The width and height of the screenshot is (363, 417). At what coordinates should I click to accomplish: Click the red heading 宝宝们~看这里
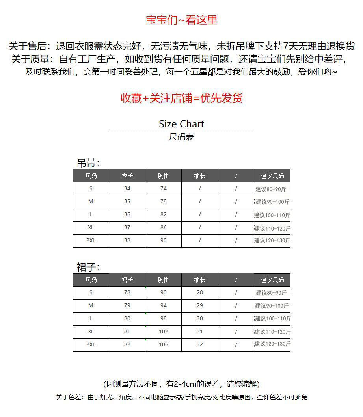(x=181, y=20)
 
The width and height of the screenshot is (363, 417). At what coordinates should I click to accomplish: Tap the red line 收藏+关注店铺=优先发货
(x=181, y=98)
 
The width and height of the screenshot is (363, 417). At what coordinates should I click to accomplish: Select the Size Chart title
(x=181, y=124)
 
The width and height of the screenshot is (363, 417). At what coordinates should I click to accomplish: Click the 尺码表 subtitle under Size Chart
(x=181, y=137)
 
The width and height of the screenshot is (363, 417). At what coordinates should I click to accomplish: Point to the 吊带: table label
(x=88, y=163)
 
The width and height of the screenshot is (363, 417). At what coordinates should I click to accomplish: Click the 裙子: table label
(x=88, y=267)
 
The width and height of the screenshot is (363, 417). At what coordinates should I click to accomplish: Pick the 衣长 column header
(x=127, y=176)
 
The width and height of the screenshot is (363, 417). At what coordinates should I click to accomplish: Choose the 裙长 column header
(x=127, y=280)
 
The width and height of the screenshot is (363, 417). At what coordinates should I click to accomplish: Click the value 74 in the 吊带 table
(x=163, y=188)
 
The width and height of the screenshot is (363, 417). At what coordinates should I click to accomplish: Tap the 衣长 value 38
(x=127, y=240)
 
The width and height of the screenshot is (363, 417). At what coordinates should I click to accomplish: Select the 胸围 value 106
(x=163, y=344)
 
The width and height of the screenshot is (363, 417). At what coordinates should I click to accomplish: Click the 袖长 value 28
(x=199, y=292)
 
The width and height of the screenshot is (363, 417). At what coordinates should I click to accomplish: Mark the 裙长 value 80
(x=127, y=318)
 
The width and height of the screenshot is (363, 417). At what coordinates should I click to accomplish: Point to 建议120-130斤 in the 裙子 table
(x=272, y=344)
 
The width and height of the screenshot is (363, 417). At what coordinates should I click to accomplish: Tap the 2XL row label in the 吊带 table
(x=91, y=240)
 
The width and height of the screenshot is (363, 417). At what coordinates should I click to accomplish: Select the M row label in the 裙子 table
(x=91, y=305)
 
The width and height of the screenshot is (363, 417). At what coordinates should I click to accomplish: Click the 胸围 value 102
(x=163, y=331)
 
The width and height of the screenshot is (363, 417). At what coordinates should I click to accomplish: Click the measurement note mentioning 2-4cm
(x=181, y=384)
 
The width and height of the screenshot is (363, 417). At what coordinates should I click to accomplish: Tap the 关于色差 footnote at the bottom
(x=181, y=397)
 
